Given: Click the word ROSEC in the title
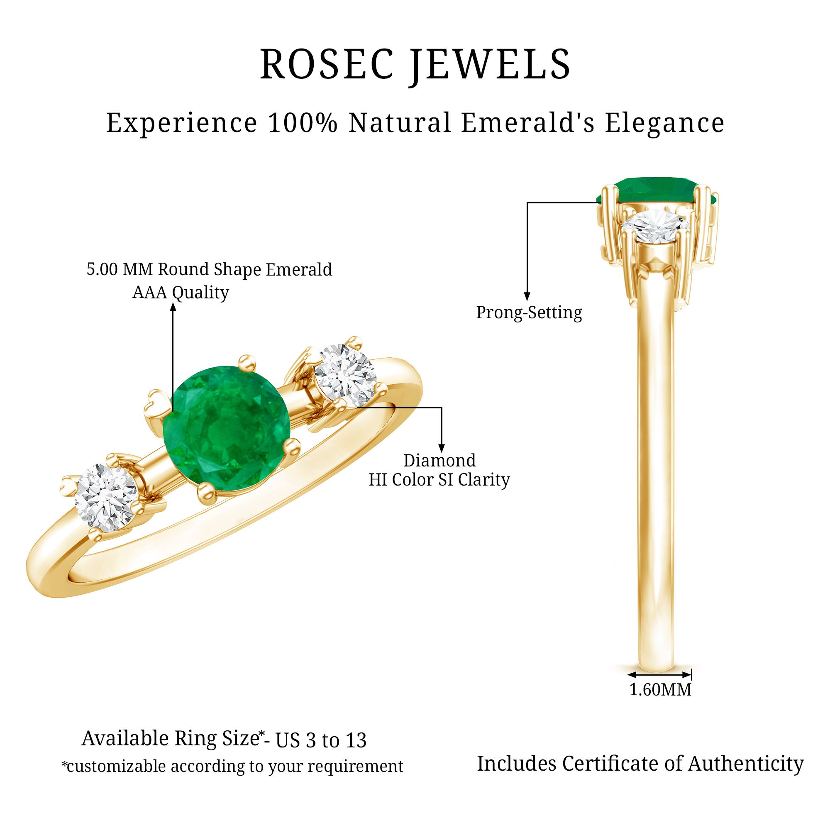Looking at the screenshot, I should point(327,64).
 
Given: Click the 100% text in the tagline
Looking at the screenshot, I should point(303,123).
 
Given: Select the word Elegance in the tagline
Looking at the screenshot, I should point(664,124).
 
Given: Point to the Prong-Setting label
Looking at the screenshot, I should point(529,313).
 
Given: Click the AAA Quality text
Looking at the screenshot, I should point(181,293).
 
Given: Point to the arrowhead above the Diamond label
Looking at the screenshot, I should point(442,448).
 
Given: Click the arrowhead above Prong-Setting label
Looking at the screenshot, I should point(527,296).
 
